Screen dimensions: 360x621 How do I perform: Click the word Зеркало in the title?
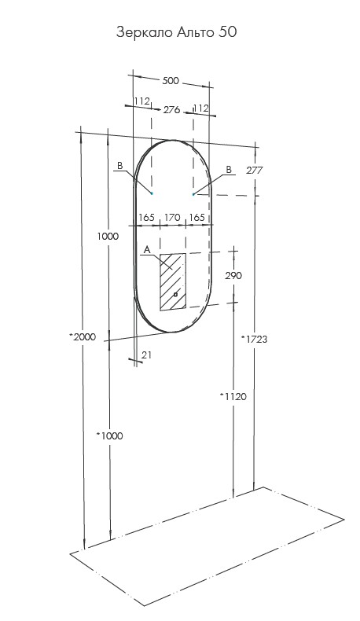(144, 32)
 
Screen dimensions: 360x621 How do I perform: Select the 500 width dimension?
(171, 81)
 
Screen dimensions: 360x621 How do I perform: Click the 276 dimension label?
(172, 110)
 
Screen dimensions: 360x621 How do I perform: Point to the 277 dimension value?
(254, 171)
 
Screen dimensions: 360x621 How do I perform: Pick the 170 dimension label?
(172, 218)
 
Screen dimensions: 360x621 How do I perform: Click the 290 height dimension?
(233, 275)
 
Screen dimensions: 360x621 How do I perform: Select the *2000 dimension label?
(83, 337)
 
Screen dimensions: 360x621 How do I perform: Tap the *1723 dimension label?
(254, 339)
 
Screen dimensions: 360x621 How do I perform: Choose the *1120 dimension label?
(233, 396)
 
